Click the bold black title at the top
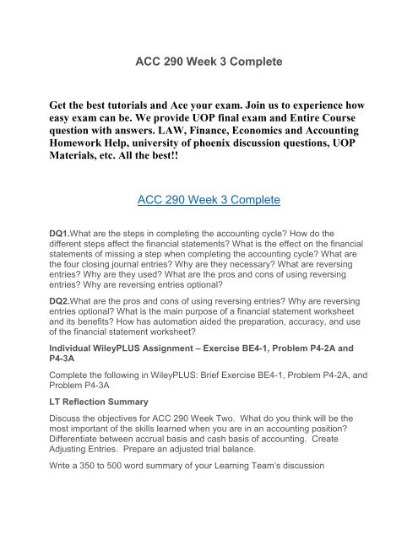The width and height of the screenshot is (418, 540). (x=208, y=62)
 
